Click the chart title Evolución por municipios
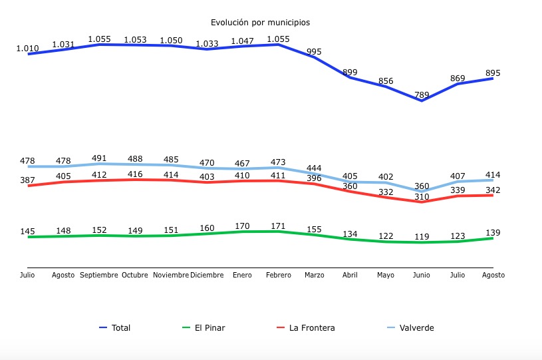point(260,22)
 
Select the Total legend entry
point(120,327)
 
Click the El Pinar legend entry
point(209,327)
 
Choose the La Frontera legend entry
point(311,327)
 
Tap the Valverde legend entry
point(416,327)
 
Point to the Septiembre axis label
point(99,275)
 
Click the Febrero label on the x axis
point(277,275)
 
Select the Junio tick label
point(422,275)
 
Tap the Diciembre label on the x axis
point(207,275)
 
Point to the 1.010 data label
point(27,49)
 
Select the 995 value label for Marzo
point(314,52)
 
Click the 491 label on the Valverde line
point(99,158)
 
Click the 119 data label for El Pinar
point(422,236)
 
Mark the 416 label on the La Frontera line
point(135,174)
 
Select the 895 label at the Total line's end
point(493,73)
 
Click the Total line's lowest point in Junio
point(422,100)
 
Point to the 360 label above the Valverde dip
point(422,186)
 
